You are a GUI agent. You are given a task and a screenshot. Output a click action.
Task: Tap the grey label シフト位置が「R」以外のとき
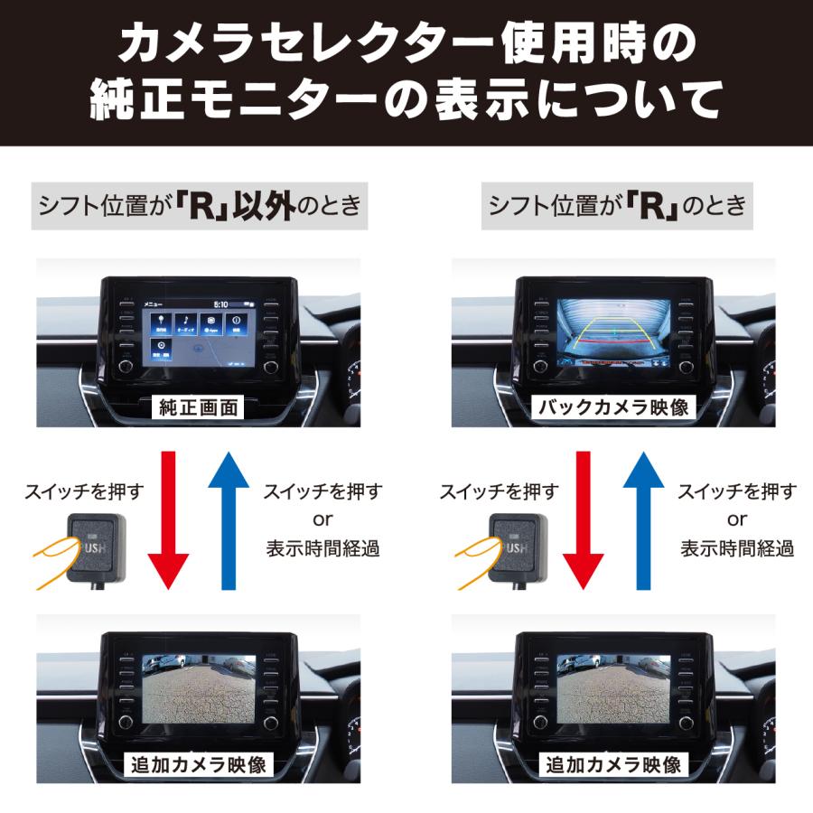200,206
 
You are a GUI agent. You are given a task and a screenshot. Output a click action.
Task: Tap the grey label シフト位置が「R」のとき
617,206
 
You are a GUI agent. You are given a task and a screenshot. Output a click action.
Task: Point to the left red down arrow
166,519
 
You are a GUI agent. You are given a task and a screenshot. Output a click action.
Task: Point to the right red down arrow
582,519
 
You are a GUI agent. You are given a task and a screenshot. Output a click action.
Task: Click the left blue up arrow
229,519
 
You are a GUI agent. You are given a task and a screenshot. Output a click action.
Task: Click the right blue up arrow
644,519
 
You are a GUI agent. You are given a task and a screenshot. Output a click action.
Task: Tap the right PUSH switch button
511,547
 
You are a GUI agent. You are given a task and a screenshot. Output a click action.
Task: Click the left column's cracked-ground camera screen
199,688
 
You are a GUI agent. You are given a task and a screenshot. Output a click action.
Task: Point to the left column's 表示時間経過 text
322,547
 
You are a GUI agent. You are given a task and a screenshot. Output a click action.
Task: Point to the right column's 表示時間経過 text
737,547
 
